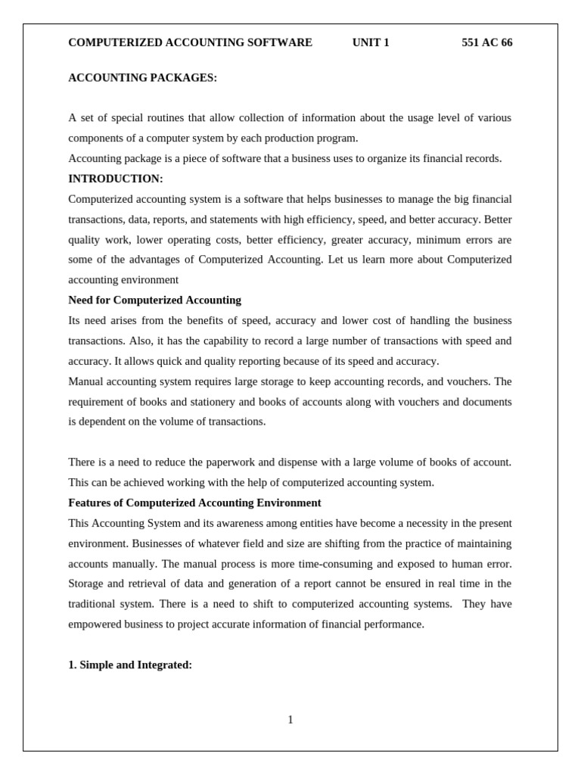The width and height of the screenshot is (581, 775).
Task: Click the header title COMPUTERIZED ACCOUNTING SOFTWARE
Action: pyautogui.click(x=190, y=42)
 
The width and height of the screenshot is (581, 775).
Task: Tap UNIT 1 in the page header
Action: pyautogui.click(x=371, y=42)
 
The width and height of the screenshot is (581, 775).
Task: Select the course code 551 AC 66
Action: pyautogui.click(x=486, y=42)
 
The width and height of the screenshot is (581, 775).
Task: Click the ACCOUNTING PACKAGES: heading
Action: pyautogui.click(x=142, y=78)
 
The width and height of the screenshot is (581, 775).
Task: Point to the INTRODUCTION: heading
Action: pyautogui.click(x=116, y=179)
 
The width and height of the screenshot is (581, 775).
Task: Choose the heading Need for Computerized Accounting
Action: pyautogui.click(x=154, y=300)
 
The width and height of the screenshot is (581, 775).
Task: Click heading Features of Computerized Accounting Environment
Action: pyautogui.click(x=194, y=503)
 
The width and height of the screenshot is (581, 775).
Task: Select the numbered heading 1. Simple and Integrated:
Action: pyautogui.click(x=130, y=665)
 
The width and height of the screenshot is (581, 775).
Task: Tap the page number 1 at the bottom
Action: pyautogui.click(x=290, y=720)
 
